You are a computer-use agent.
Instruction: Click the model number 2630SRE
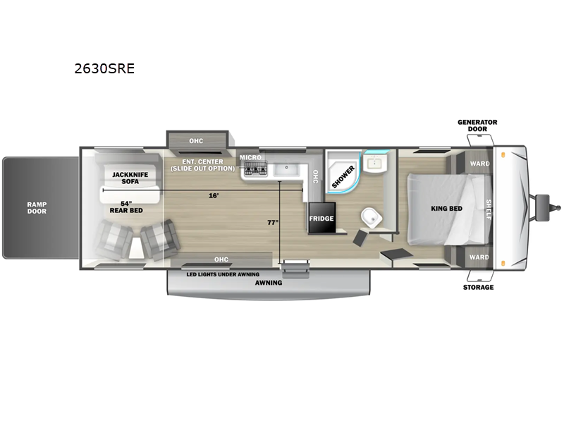104,68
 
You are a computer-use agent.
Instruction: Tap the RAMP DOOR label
37,208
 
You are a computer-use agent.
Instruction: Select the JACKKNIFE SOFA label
130,178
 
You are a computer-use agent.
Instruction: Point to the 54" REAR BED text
126,207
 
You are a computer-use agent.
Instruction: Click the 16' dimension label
214,195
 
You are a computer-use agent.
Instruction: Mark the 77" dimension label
273,223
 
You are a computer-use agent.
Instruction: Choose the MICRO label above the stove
250,157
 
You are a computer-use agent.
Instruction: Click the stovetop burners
256,168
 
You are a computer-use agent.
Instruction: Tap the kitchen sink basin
287,169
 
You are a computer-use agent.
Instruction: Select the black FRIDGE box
321,218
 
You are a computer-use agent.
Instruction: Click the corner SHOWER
343,172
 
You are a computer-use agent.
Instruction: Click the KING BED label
446,208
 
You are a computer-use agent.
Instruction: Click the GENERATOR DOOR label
477,125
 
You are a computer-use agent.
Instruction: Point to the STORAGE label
478,287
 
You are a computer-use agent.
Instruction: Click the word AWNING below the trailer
269,283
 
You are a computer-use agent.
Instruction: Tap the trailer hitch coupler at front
548,207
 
